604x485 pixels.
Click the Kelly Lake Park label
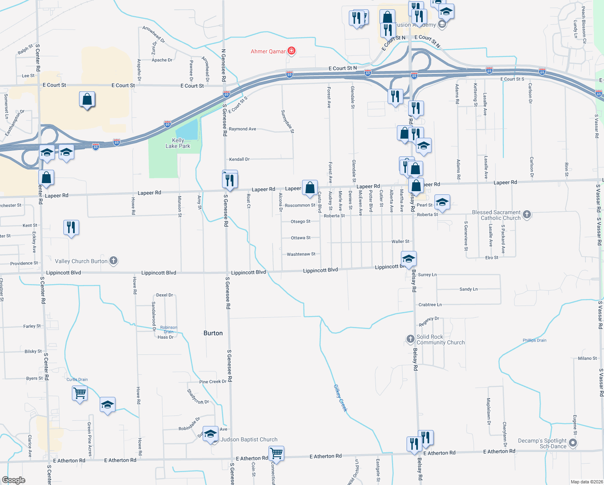[x=178, y=143]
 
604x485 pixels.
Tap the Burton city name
[x=213, y=333]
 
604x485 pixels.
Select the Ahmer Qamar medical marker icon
[x=292, y=51]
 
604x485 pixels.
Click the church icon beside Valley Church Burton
[x=114, y=261]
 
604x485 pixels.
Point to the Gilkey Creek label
[x=340, y=398]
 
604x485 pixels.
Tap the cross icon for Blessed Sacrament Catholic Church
[x=527, y=215]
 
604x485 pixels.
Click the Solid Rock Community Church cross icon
[x=410, y=339]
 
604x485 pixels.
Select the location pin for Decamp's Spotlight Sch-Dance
[x=573, y=443]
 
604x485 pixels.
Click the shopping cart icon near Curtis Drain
[x=80, y=392]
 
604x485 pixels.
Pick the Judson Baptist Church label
[x=249, y=439]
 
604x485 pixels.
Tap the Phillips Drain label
[x=534, y=340]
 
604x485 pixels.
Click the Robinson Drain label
[x=168, y=329]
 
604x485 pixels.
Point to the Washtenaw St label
[x=301, y=254]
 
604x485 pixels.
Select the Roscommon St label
[x=300, y=205]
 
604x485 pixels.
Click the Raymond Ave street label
[x=242, y=129]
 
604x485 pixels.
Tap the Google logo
[x=14, y=480]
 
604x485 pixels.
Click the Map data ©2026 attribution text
[x=587, y=482]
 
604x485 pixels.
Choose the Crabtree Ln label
[x=430, y=305]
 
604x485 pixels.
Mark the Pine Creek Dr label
[x=213, y=382]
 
